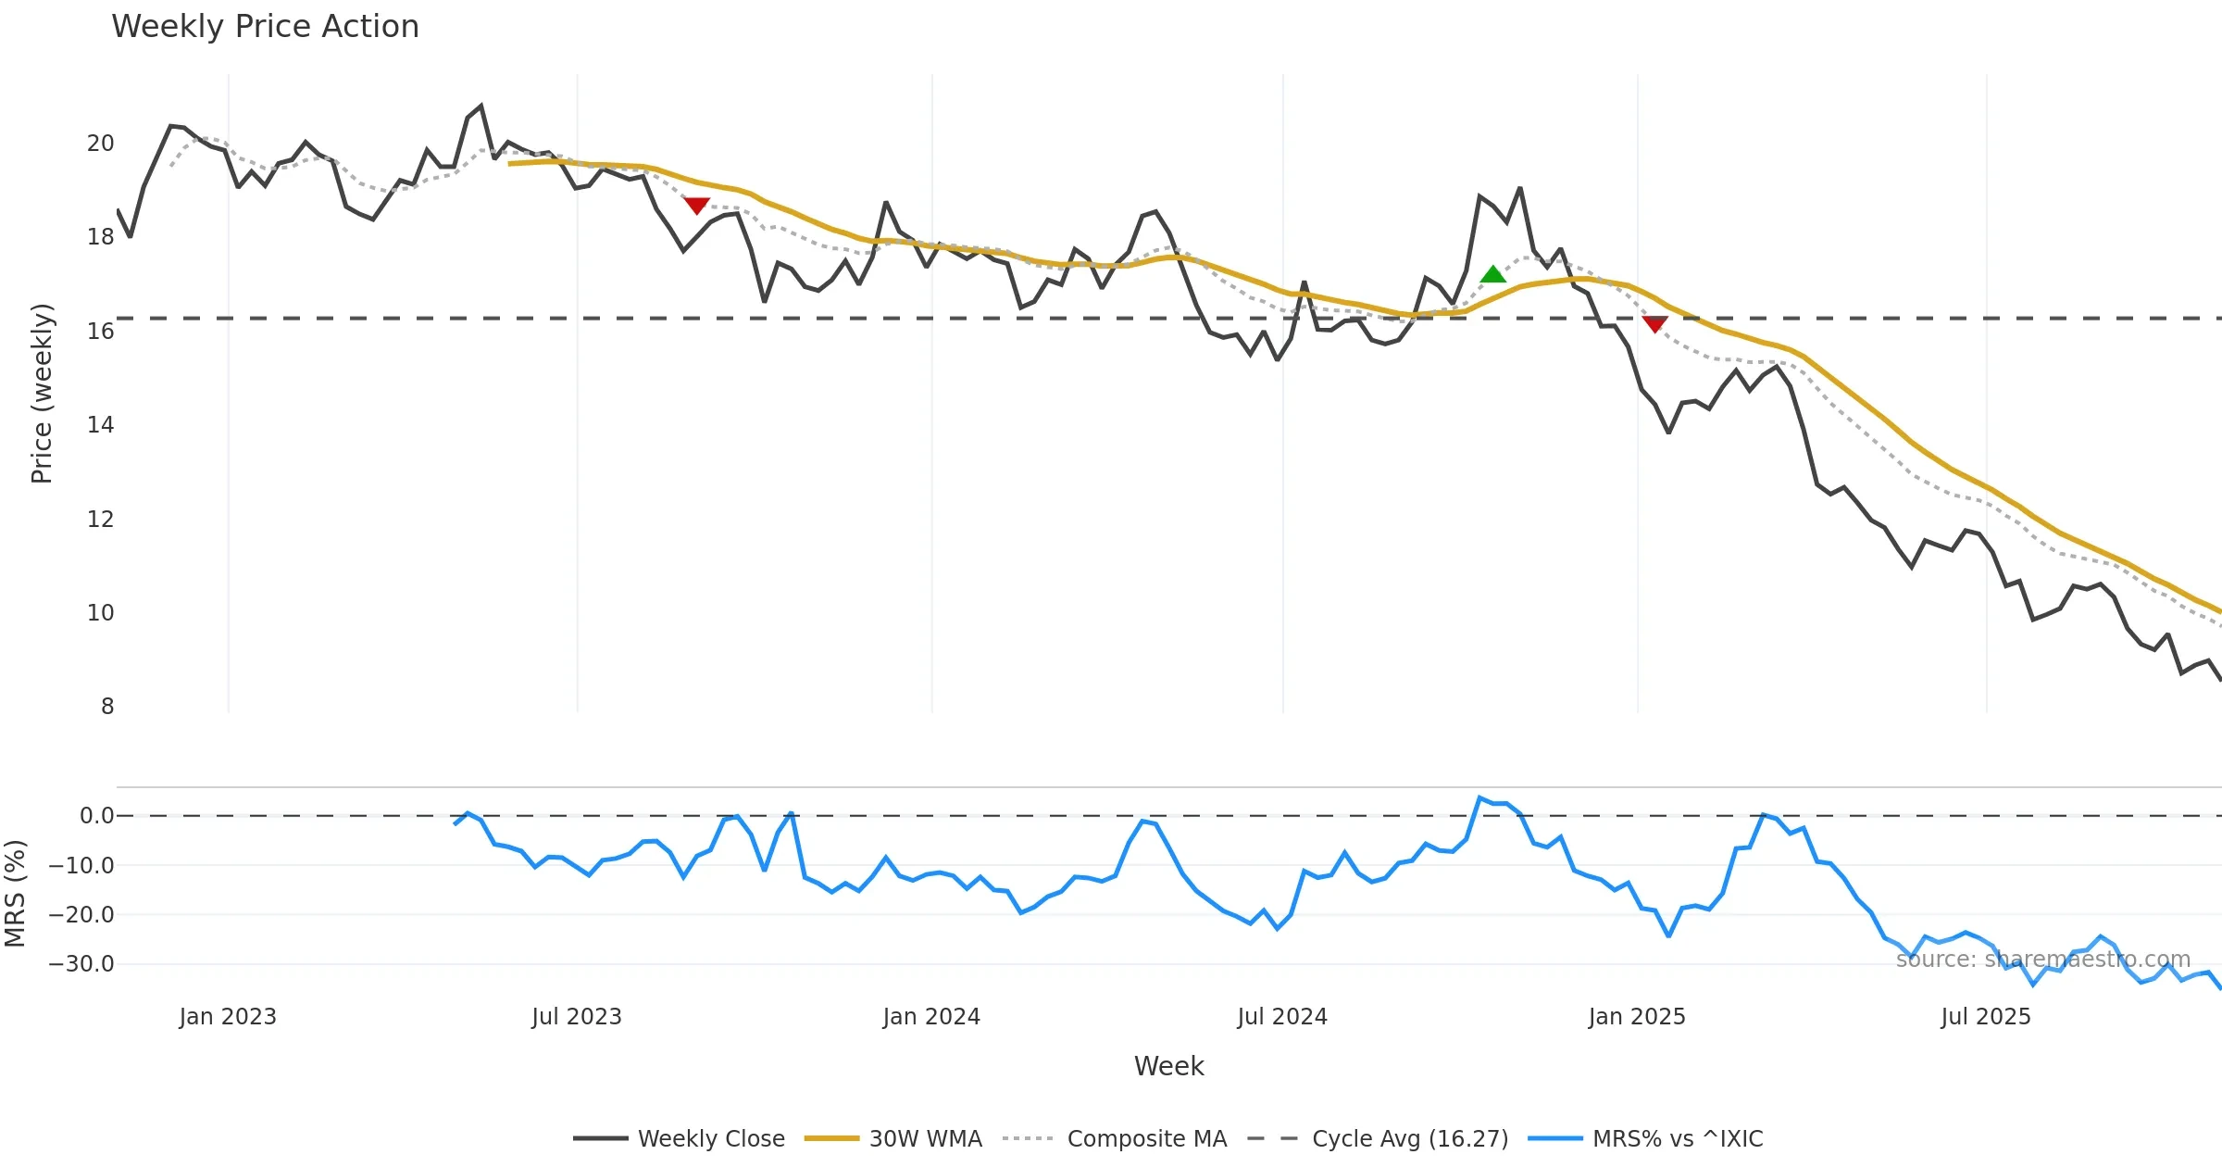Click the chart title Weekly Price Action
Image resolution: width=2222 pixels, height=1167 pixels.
tap(265, 27)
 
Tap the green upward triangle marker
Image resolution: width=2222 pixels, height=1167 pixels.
tap(1492, 274)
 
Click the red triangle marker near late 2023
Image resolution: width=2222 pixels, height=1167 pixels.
tap(696, 205)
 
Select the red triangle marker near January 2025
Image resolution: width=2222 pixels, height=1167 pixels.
tap(1654, 323)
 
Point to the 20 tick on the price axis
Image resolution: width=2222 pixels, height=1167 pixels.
tap(100, 144)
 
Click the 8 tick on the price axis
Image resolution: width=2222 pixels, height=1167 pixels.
tap(107, 707)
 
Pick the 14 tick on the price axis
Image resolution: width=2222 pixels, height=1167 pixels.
tap(100, 425)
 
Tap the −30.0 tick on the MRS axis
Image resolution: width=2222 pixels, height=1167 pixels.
tap(81, 964)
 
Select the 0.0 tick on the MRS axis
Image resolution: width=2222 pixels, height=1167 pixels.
tap(96, 816)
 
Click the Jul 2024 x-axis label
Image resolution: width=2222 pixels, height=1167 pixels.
tap(1282, 1017)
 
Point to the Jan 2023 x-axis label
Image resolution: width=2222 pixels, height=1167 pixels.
tap(228, 1017)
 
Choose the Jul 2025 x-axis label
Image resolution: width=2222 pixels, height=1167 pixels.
tap(1986, 1017)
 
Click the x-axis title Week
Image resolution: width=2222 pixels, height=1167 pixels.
tap(1168, 1067)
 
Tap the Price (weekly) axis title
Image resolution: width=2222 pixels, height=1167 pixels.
tap(42, 394)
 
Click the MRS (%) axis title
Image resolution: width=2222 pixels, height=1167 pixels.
tap(15, 894)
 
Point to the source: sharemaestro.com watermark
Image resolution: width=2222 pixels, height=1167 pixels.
tap(2043, 960)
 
